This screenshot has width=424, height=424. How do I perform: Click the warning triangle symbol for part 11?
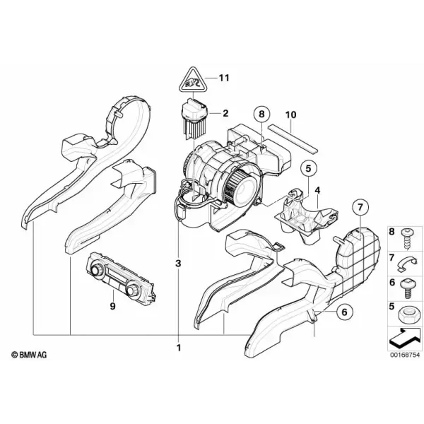pos(192,81)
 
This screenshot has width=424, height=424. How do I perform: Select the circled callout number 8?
pos(261,114)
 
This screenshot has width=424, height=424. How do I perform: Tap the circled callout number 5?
pos(309,168)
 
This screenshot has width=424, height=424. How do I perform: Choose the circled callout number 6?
pos(345,312)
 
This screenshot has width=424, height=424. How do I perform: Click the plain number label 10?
pos(290,114)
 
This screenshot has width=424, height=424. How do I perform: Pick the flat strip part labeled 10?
pos(293,139)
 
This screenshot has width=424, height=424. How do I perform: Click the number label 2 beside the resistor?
pos(225,113)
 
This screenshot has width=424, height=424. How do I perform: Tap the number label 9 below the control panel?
pos(112,306)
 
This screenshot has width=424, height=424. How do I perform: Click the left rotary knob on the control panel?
pos(96,270)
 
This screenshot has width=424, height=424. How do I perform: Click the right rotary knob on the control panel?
pos(133,290)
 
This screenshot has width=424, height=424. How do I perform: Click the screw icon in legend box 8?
pos(406,239)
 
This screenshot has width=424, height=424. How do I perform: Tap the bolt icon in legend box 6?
pos(406,288)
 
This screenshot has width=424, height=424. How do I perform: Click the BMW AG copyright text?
pos(29,355)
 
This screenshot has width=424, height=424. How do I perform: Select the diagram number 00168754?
pos(405,355)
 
